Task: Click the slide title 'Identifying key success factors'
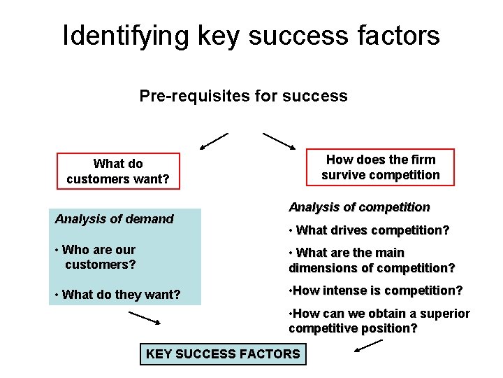coord(251,36)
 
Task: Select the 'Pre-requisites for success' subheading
coord(243,96)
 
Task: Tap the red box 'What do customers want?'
coord(118,171)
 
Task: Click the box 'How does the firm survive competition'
coord(381,167)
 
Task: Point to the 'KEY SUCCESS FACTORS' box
coord(223,354)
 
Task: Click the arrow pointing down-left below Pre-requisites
coord(214,141)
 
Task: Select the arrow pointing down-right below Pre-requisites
coord(279,141)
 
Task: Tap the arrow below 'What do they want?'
coord(145,318)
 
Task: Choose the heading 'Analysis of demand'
coord(115,219)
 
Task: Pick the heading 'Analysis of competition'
coord(359,207)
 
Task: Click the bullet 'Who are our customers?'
coord(99,257)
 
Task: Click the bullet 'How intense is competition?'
coord(375,290)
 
